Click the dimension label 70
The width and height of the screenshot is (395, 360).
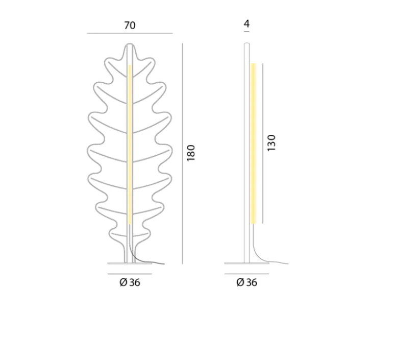[x=130, y=26]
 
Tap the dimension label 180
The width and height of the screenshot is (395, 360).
[x=191, y=153]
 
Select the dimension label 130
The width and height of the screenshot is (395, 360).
[x=271, y=143]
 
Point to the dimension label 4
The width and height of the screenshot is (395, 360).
[x=246, y=23]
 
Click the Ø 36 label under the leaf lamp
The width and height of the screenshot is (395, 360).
[x=130, y=282]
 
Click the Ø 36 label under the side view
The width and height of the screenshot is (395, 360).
[x=247, y=282]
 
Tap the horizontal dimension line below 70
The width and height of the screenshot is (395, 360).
[x=130, y=33]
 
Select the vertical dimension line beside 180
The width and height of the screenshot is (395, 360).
[x=183, y=154]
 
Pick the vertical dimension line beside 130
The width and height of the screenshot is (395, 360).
[x=262, y=143]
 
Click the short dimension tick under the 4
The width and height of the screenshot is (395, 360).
[x=246, y=32]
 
